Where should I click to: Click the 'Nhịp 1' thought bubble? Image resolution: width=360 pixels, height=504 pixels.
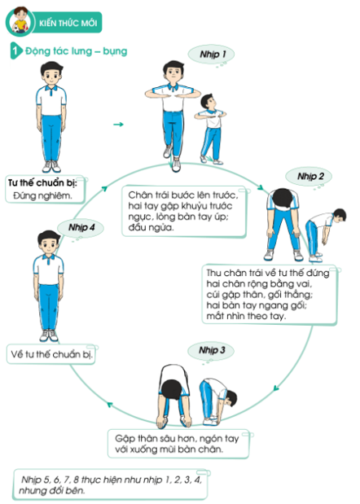coord(211,54)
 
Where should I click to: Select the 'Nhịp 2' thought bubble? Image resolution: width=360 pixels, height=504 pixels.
coord(309,176)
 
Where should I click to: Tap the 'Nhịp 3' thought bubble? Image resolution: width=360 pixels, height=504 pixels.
coord(211,350)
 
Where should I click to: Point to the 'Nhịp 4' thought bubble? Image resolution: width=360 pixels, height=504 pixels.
coord(81,227)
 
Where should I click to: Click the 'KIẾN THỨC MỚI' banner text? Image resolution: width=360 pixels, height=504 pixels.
coord(68,23)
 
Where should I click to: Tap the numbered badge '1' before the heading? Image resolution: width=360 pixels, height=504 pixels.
coord(15,50)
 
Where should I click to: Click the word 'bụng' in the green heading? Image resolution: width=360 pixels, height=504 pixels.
coord(115,51)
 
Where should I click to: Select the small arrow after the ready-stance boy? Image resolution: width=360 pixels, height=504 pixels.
coord(118,125)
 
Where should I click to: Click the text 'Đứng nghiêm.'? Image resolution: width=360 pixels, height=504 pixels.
coord(42,195)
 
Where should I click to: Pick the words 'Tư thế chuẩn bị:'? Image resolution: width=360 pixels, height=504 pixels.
coord(42,183)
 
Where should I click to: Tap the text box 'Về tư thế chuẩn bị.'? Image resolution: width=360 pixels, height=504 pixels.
coord(51,354)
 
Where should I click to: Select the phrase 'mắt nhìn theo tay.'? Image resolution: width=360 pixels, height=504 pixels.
coord(246,316)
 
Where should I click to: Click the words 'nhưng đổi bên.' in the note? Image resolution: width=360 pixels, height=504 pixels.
coord(52,491)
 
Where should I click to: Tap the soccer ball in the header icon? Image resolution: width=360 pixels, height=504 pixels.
coord(16,29)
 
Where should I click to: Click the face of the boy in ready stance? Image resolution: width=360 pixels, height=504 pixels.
coord(51,77)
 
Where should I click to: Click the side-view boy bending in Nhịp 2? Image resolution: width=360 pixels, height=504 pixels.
coord(325,235)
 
